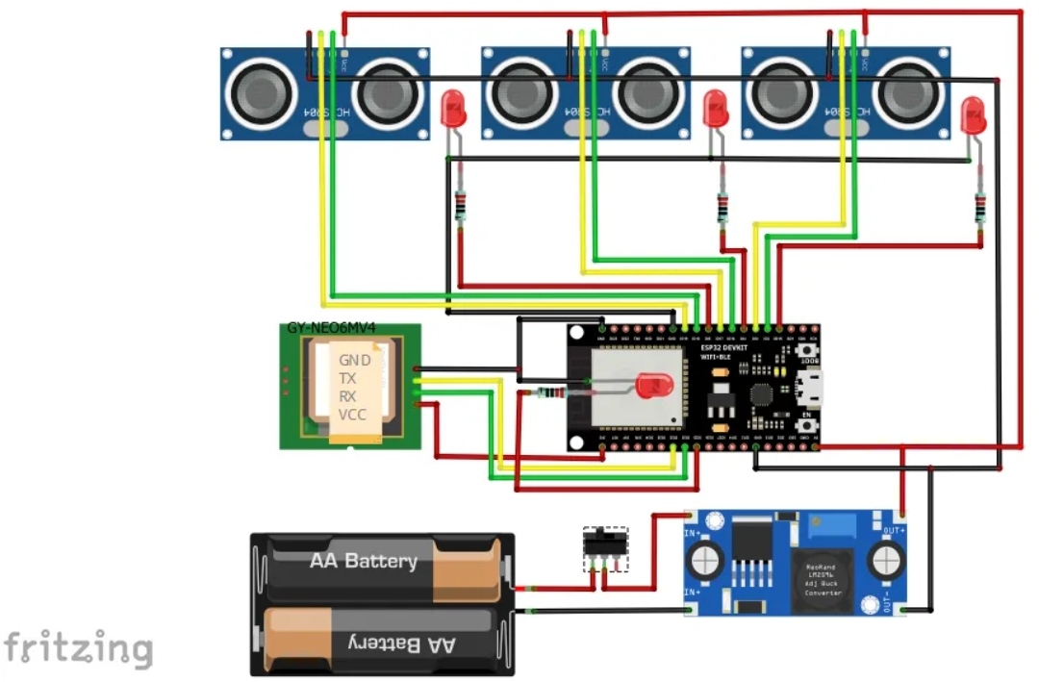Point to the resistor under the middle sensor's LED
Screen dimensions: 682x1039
tap(723, 206)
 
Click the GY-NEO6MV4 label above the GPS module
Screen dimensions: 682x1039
tap(331, 328)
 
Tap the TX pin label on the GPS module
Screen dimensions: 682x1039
tap(347, 378)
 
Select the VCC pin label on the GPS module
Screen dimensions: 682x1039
tap(352, 415)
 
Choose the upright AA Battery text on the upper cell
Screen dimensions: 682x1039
tap(363, 561)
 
